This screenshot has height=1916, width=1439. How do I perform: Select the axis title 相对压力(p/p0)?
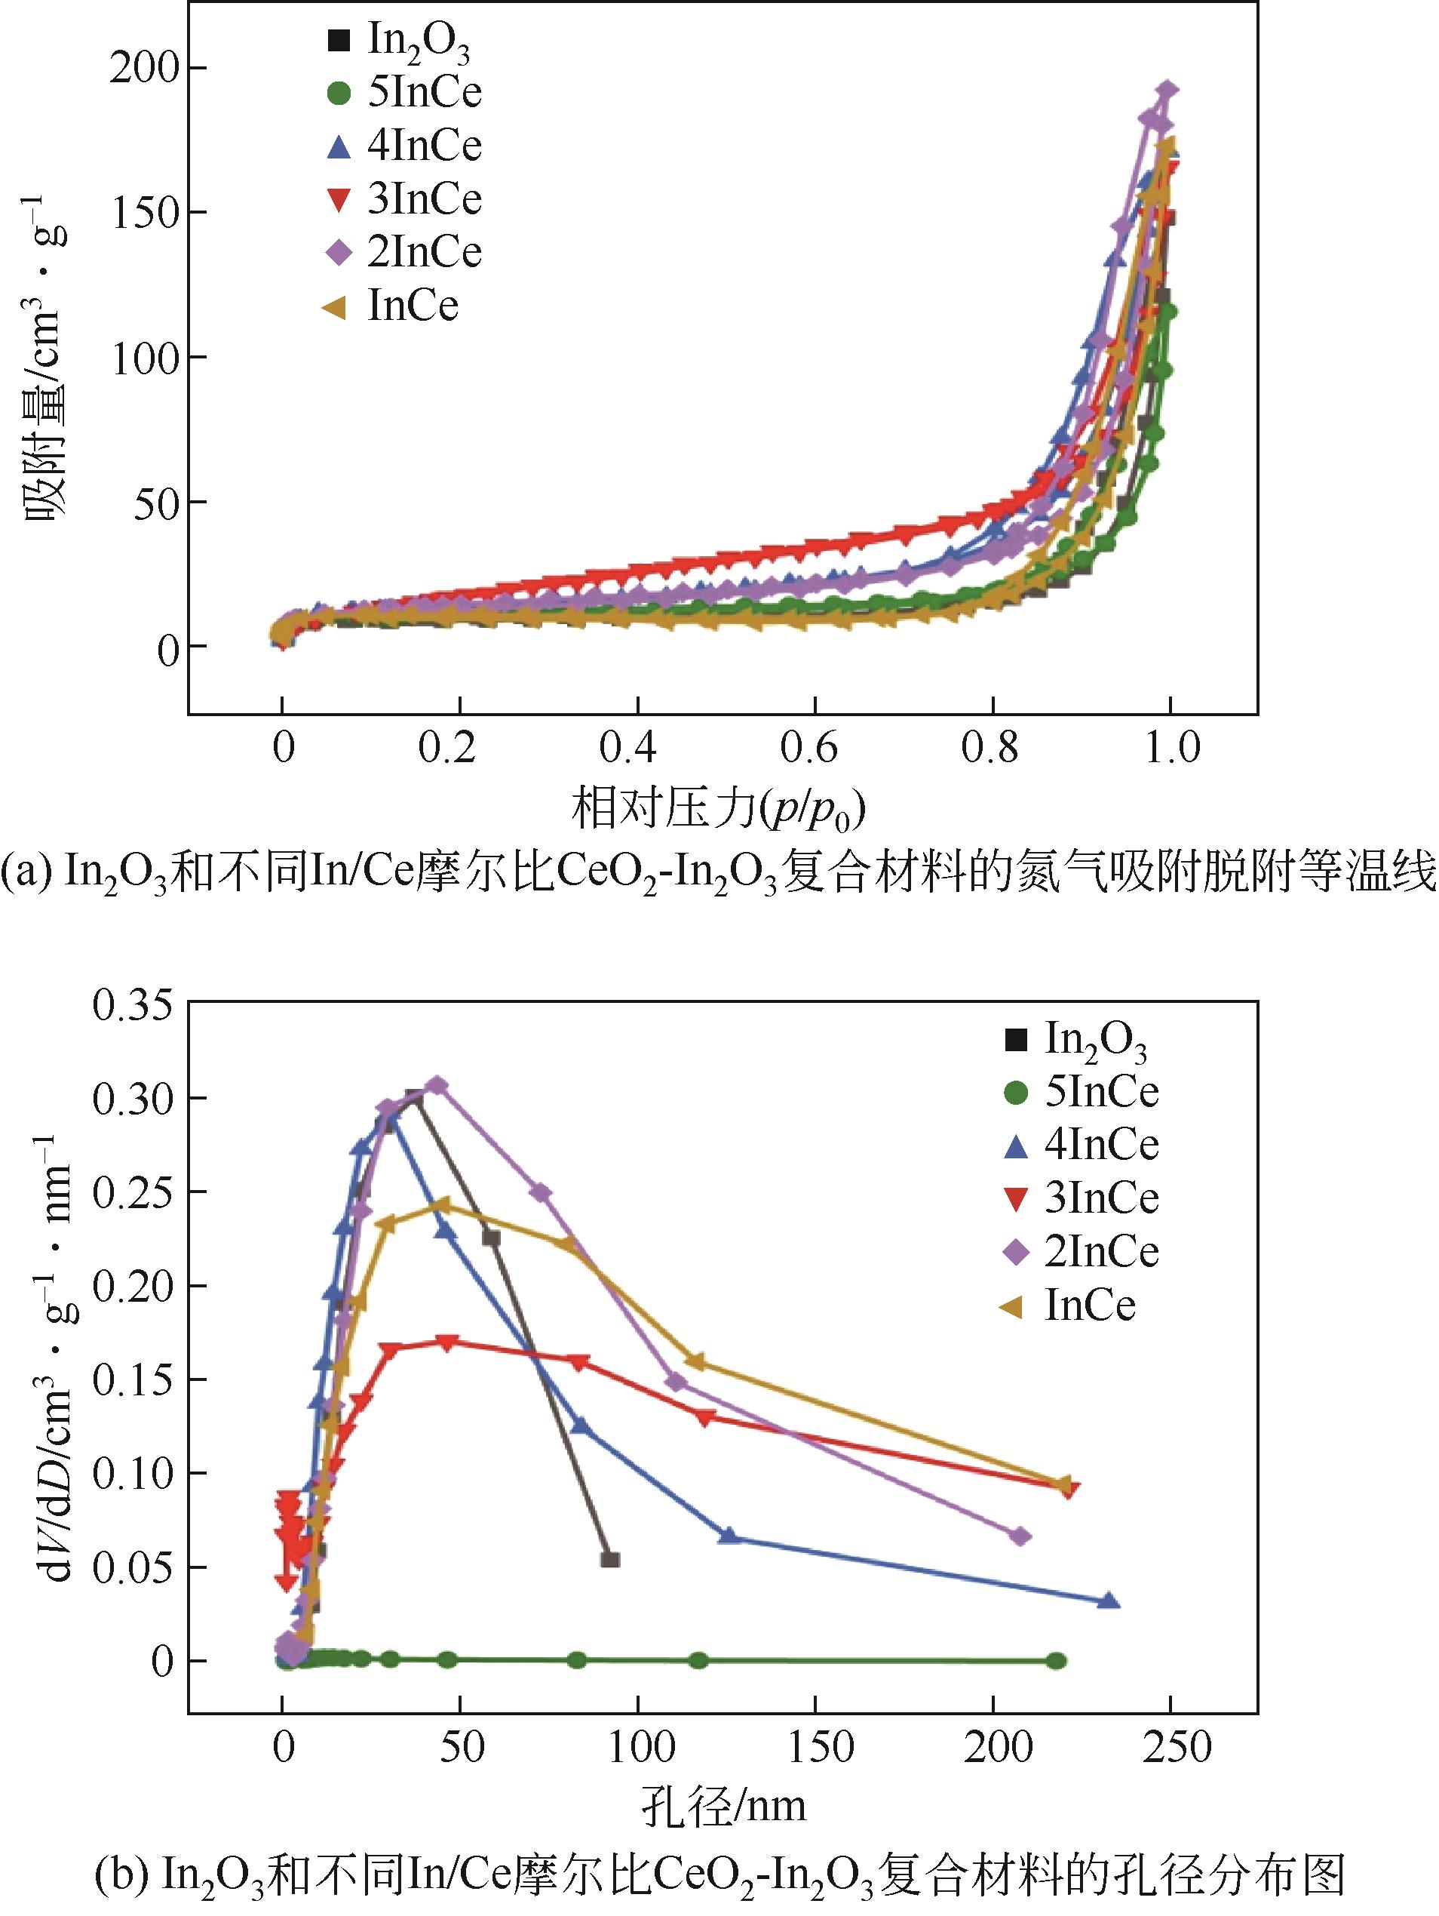[719, 810]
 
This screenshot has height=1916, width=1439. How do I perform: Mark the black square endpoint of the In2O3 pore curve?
[609, 1560]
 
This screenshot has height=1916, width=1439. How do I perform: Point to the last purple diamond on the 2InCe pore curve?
[1021, 1536]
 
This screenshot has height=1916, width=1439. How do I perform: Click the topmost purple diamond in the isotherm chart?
[1167, 90]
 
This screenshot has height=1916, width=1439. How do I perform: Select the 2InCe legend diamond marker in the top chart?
[339, 253]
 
